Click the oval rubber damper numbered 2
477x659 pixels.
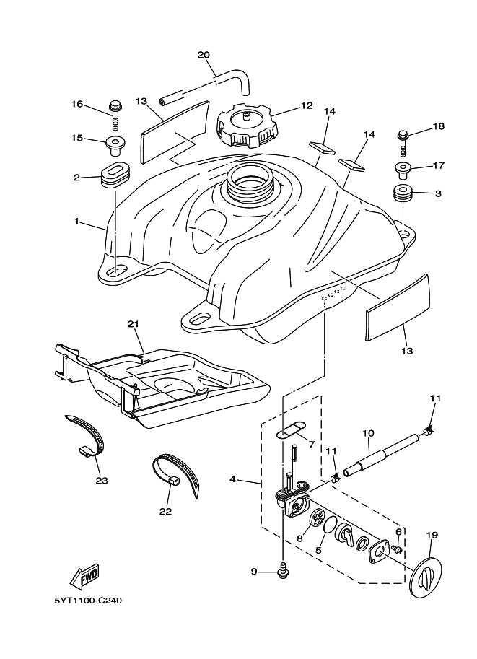[x=114, y=174]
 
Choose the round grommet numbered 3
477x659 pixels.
[x=403, y=194]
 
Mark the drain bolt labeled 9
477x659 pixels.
[x=283, y=571]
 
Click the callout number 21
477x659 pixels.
[x=132, y=325]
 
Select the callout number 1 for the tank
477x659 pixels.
[x=76, y=222]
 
